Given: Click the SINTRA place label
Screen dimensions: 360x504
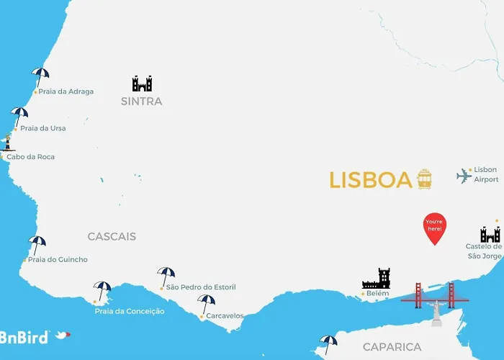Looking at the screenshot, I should click(141, 102).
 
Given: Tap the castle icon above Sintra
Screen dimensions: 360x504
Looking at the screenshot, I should click(142, 84).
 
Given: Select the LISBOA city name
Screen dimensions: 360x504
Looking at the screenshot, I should click(370, 180).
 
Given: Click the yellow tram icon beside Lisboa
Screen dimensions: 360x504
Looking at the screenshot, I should click(425, 179).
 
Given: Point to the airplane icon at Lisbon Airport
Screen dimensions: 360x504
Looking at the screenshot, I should click(464, 175).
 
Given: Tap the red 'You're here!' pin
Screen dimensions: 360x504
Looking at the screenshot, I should click(434, 228).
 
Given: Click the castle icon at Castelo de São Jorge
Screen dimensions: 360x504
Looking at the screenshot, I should click(490, 234).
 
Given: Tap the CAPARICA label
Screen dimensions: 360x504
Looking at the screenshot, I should click(392, 347).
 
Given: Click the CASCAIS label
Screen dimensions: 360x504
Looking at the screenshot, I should click(112, 236).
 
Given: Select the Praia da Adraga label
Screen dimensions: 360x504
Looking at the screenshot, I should click(66, 91).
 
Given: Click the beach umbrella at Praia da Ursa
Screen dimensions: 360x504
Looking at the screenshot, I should click(19, 114).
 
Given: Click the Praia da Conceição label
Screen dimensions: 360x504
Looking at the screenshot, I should click(130, 311).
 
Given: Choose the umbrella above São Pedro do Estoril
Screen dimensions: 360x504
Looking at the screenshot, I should click(166, 275).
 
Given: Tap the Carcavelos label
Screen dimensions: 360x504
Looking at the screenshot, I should click(225, 315).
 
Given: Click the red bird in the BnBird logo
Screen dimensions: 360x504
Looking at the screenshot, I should click(63, 335).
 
